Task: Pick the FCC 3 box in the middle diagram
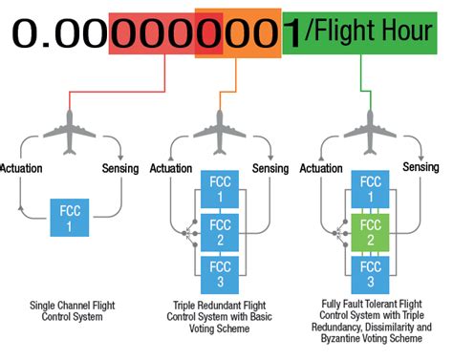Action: point(220,269)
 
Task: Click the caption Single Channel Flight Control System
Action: point(69,311)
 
